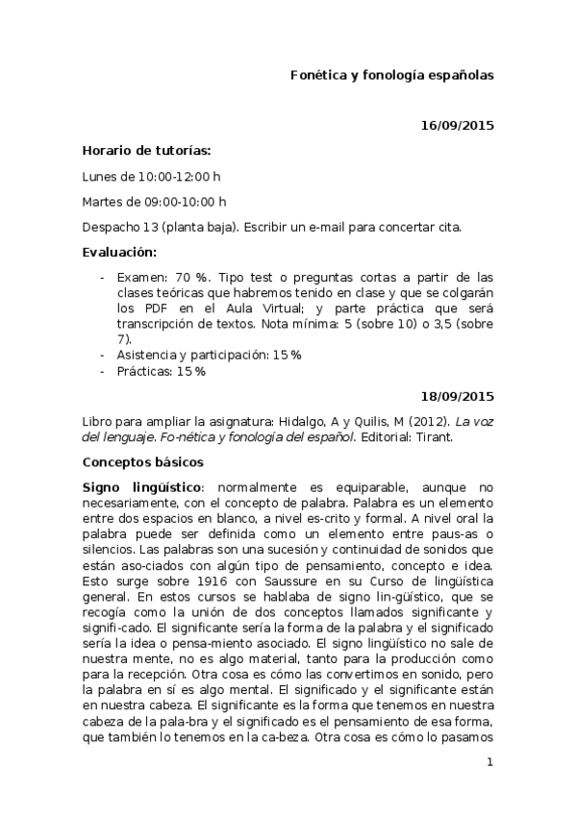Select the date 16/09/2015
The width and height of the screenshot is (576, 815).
458,125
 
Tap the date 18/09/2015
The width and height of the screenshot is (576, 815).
458,395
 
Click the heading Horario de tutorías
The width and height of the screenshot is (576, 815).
146,150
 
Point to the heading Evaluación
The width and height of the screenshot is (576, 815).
118,252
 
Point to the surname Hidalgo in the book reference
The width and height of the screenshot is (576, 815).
327,421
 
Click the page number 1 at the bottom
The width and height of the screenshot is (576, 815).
489,762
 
